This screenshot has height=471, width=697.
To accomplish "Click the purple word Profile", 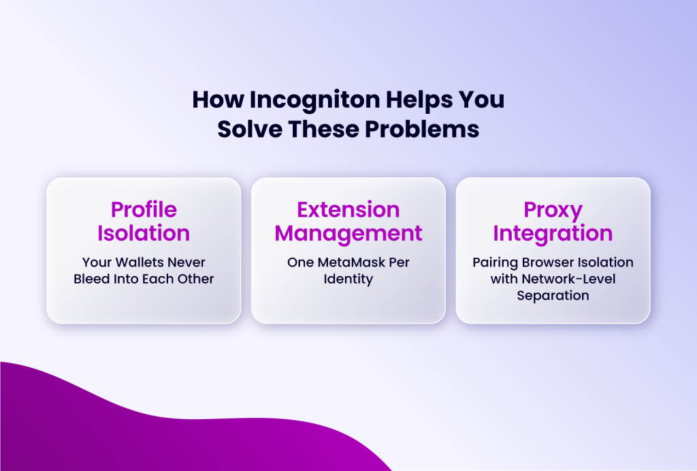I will (x=144, y=209).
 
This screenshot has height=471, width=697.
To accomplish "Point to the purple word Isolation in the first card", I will (x=144, y=233).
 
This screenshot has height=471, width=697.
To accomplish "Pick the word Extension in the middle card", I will (x=348, y=209).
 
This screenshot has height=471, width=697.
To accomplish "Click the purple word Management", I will (x=348, y=233).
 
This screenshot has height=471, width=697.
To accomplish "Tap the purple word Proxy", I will (x=553, y=209).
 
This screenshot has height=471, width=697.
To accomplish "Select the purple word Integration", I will (x=553, y=233).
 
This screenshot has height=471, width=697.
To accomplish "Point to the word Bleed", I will (x=93, y=279).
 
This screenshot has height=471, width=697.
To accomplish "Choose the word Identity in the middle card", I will (x=348, y=279).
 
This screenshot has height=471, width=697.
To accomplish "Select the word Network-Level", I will (x=568, y=279).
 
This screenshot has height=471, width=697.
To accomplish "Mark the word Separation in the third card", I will (x=553, y=296).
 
